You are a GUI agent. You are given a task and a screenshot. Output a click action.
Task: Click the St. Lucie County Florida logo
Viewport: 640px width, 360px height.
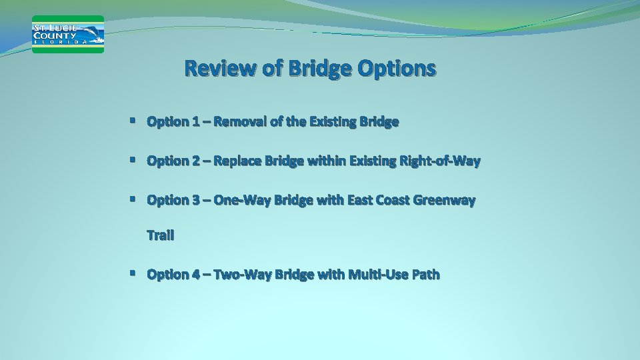pyautogui.click(x=68, y=34)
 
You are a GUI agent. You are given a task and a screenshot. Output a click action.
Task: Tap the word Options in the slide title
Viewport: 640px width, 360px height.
pyautogui.click(x=397, y=69)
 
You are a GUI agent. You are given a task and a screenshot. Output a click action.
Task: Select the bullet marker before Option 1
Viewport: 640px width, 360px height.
pyautogui.click(x=134, y=121)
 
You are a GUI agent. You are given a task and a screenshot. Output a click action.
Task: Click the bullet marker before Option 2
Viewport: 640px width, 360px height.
pyautogui.click(x=134, y=161)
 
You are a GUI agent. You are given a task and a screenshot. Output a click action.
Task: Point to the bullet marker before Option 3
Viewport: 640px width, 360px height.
pyautogui.click(x=134, y=200)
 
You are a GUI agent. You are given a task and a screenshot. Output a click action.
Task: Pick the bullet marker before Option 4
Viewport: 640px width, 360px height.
pyautogui.click(x=134, y=274)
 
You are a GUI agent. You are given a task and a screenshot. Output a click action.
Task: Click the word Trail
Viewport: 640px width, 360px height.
pyautogui.click(x=160, y=235)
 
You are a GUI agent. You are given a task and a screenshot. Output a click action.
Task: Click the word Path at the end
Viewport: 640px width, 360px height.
pyautogui.click(x=426, y=274)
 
